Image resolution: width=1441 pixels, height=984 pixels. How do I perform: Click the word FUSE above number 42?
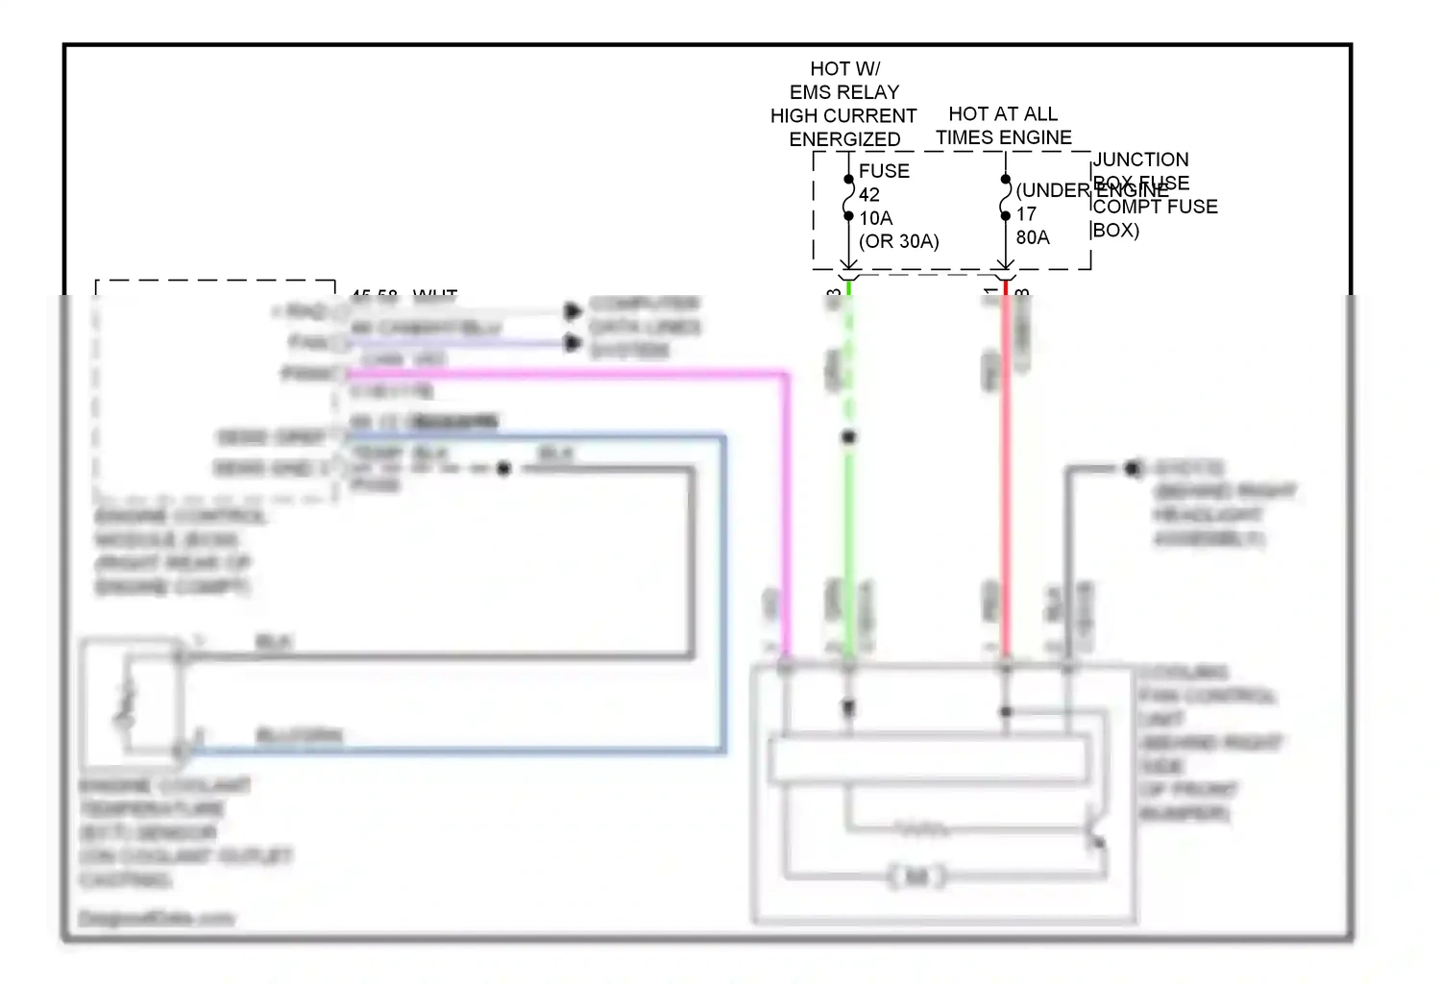[x=883, y=171]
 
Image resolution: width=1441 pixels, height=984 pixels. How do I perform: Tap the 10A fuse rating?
[x=875, y=218]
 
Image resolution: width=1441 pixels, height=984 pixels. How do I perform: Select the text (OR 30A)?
[x=898, y=241]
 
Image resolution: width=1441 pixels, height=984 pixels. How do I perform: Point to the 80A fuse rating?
[x=1033, y=237]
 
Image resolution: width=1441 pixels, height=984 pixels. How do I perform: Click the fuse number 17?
[x=1026, y=214]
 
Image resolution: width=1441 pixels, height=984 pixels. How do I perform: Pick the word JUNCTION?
[x=1140, y=160]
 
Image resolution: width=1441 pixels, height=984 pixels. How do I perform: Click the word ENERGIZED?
[x=844, y=139]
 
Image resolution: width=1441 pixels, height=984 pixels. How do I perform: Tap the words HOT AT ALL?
[x=1003, y=114]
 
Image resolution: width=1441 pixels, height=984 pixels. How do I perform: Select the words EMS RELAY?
[x=844, y=92]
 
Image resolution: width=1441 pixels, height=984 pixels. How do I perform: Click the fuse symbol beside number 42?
[x=848, y=198]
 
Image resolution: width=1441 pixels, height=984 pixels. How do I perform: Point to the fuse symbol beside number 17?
[x=1005, y=198]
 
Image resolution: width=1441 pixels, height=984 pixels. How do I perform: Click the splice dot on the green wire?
[x=848, y=437]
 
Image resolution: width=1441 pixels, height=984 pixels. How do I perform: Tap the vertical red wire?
[x=1005, y=480]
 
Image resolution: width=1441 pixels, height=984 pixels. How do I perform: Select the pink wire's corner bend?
[x=786, y=375]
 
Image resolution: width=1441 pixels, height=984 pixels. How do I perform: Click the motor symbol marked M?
[x=917, y=875]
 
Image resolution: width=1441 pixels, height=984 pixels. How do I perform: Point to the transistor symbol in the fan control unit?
[x=1094, y=832]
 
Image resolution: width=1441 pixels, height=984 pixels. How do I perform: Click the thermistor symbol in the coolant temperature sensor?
[x=125, y=703]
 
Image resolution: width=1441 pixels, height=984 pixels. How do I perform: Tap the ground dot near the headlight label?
[x=1134, y=469]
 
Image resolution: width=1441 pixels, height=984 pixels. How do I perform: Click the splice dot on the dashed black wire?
[x=503, y=469]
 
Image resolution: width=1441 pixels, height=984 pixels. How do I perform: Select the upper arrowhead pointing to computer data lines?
[x=573, y=311]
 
